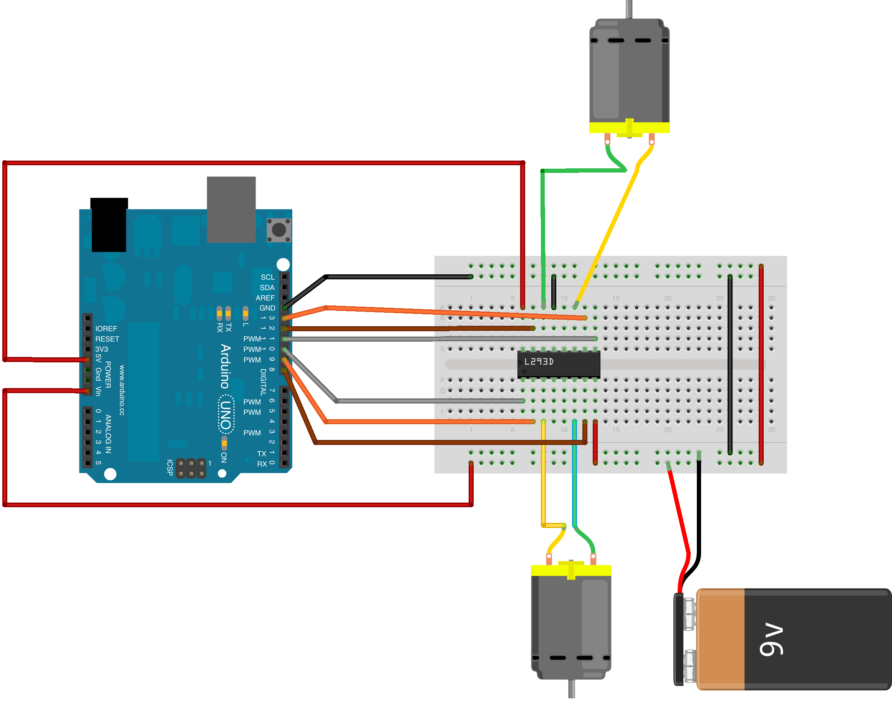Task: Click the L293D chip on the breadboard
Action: pos(559,364)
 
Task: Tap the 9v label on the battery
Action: pos(771,639)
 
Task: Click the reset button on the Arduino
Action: pos(279,230)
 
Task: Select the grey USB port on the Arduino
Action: pos(231,209)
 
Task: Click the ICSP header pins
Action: pos(191,468)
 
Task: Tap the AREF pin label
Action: pos(265,298)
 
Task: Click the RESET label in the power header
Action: pos(107,339)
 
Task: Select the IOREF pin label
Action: pos(106,329)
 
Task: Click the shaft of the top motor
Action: pos(629,8)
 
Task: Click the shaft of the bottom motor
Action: pos(571,689)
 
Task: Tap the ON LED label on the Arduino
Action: pos(224,457)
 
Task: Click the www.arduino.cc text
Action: pos(122,390)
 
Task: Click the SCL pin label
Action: pos(267,277)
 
